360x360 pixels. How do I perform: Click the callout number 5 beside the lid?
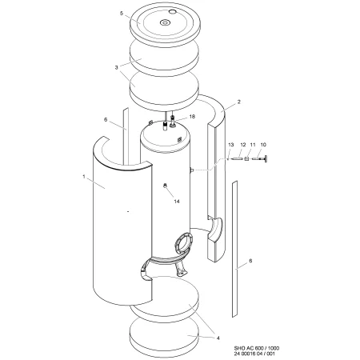click(122, 14)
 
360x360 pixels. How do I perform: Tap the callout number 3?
click(116, 67)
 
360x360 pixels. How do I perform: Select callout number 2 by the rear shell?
click(239, 102)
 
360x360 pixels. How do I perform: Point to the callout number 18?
click(192, 117)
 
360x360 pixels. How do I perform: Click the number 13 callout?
click(231, 145)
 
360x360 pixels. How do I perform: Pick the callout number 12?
click(243, 145)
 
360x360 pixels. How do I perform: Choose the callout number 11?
click(253, 145)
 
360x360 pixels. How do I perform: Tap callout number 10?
click(263, 145)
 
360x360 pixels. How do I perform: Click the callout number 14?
click(177, 202)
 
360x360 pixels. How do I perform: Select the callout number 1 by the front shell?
click(84, 177)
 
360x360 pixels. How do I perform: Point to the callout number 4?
click(218, 338)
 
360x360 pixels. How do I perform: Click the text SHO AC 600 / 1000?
click(257, 348)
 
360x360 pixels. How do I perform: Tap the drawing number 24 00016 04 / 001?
click(254, 354)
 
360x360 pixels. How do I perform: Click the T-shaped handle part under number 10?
click(260, 159)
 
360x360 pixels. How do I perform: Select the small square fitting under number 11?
click(246, 159)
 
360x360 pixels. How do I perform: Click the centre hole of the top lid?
click(165, 22)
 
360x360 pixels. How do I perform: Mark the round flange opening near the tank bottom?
click(183, 242)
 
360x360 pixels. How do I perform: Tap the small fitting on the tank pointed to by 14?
click(165, 186)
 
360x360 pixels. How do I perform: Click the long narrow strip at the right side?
click(234, 249)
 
